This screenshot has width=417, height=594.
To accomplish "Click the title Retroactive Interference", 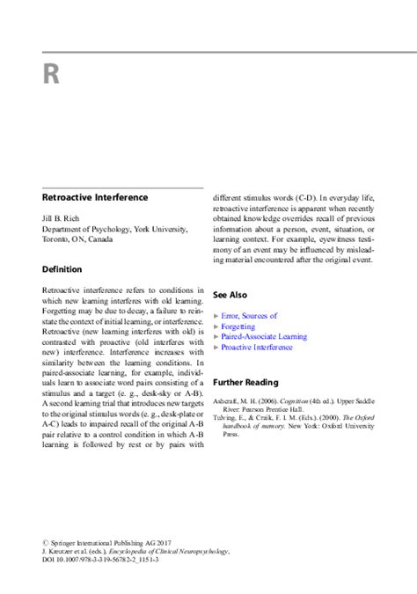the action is (95, 198).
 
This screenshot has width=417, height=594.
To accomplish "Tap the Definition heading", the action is (62, 268).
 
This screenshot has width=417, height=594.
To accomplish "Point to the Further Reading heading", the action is (247, 382).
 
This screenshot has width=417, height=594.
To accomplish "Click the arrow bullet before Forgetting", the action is (216, 326).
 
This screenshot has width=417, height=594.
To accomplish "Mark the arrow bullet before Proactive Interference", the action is (216, 348).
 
